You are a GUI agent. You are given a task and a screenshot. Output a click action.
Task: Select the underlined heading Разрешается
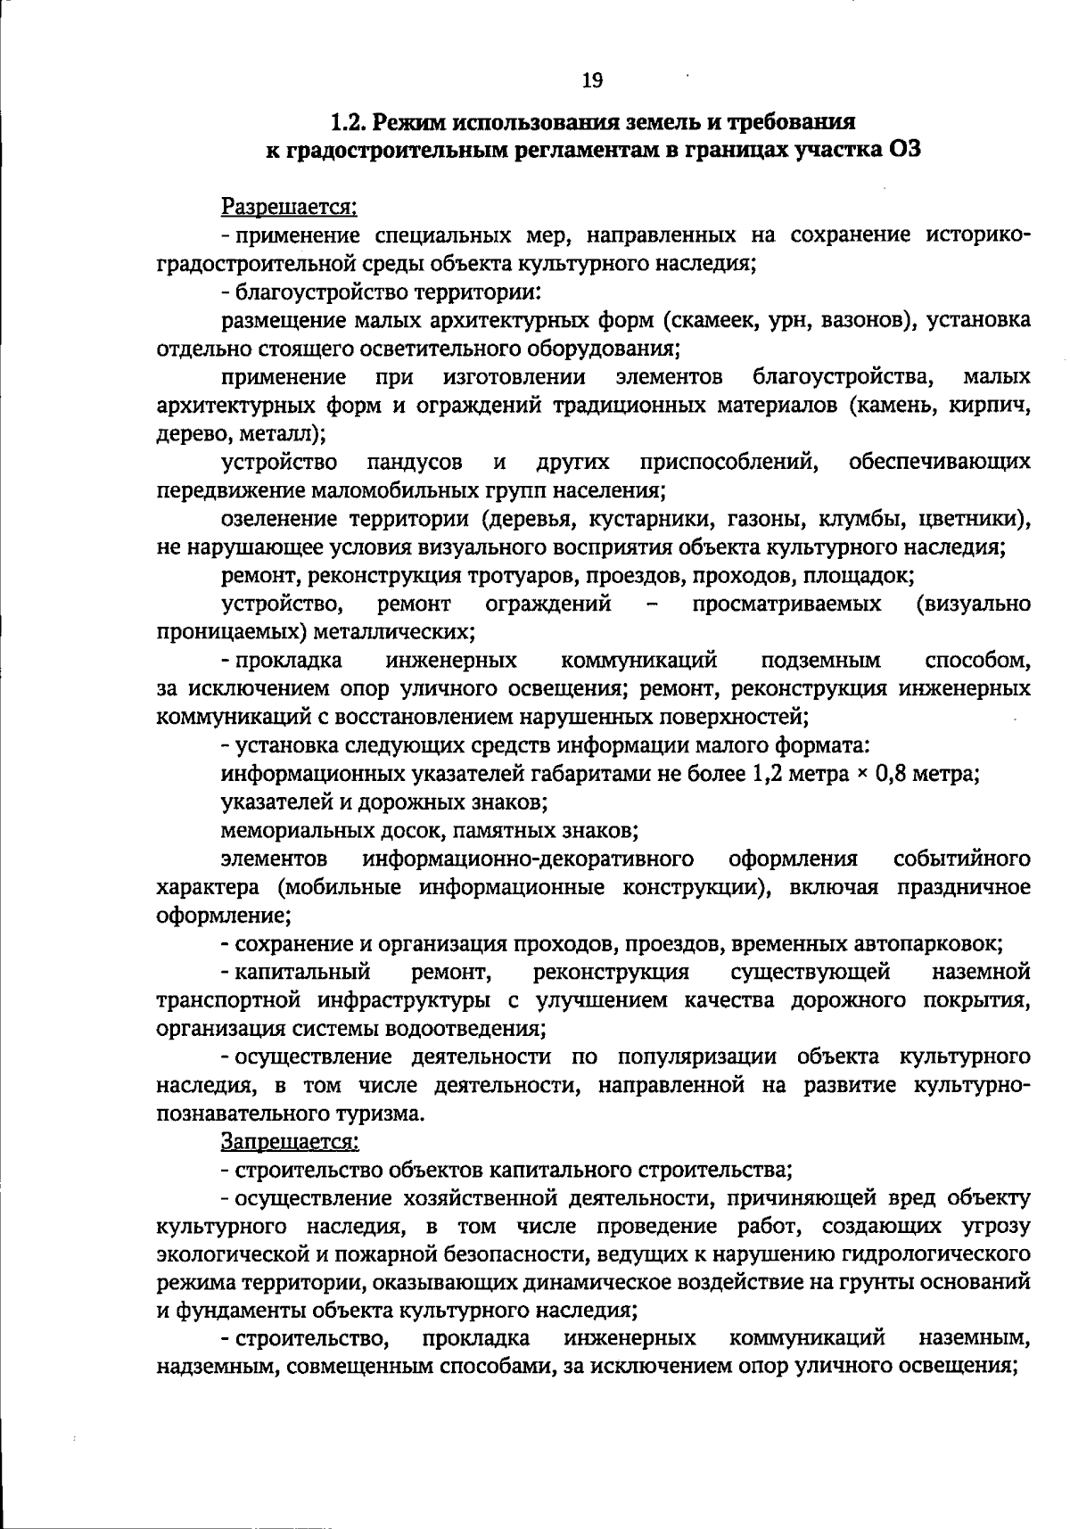click(x=289, y=207)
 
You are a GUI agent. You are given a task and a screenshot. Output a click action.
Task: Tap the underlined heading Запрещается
click(x=290, y=1140)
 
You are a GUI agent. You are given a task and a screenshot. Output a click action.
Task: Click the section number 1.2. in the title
click(x=350, y=120)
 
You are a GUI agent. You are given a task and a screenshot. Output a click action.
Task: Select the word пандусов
click(x=415, y=462)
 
